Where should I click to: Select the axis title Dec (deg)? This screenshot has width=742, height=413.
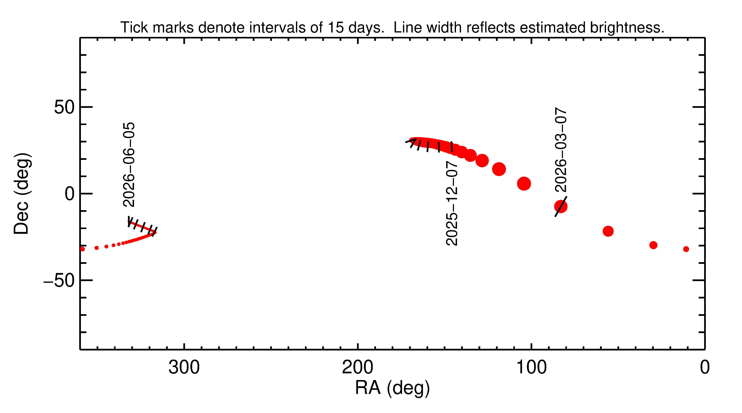coord(22,194)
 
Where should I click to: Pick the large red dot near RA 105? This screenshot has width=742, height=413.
coord(524,184)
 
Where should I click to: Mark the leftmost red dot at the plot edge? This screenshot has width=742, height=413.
coord(82,249)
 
